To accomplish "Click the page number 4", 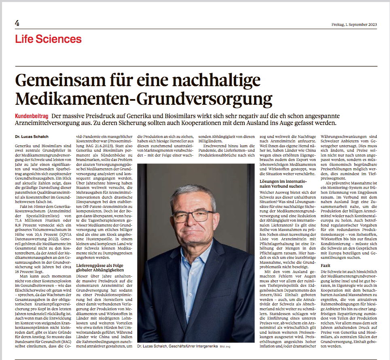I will click(17, 23).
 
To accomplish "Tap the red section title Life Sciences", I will click(49, 39).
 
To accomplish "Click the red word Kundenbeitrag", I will click(32, 116).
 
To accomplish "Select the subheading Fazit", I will click(326, 265).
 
